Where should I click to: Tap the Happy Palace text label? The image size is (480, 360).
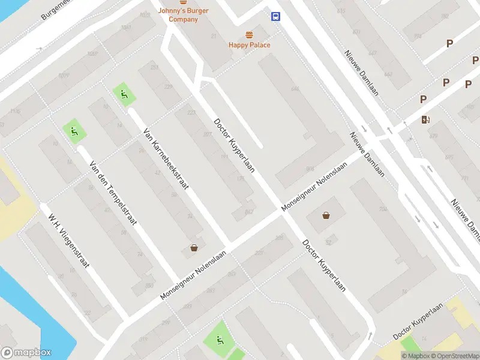[x=249, y=45]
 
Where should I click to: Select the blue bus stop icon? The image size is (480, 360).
[x=276, y=17]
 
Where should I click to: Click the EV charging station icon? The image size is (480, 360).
[x=426, y=119]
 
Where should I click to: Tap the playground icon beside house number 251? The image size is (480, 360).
[x=124, y=94]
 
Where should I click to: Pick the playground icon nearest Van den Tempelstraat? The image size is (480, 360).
[x=73, y=131]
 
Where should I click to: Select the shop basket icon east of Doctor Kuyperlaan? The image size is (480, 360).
[x=326, y=215]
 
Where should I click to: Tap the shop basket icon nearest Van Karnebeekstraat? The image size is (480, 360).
[x=194, y=248]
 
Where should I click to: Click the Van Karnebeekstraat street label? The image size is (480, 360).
[x=166, y=158]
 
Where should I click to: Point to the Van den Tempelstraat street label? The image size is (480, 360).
[x=113, y=193]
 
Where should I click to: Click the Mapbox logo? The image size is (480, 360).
[x=26, y=353]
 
